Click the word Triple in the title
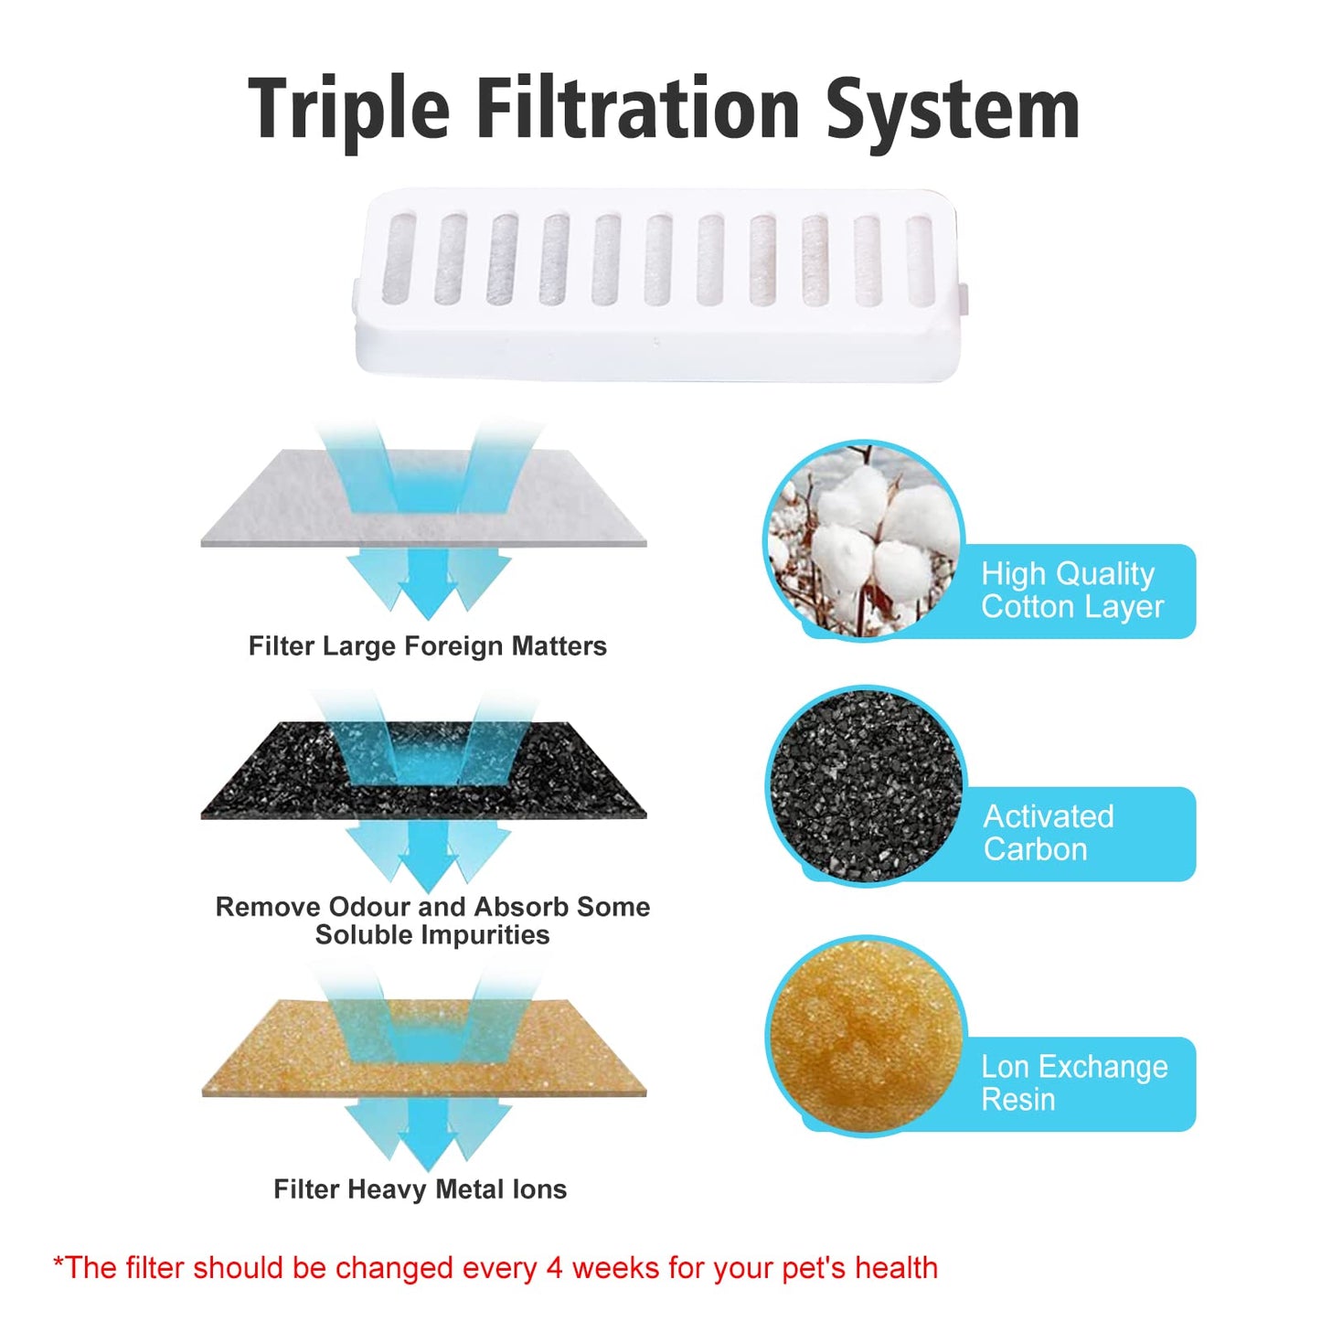[349, 110]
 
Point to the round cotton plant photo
[863, 540]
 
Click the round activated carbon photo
[865, 786]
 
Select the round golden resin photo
[865, 1035]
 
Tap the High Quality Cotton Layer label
[1071, 591]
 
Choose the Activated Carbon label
[1049, 833]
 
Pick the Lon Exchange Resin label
[1074, 1083]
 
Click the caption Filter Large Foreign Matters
[427, 646]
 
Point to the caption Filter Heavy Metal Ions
[420, 1189]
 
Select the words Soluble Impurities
[432, 935]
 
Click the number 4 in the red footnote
[554, 1269]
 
